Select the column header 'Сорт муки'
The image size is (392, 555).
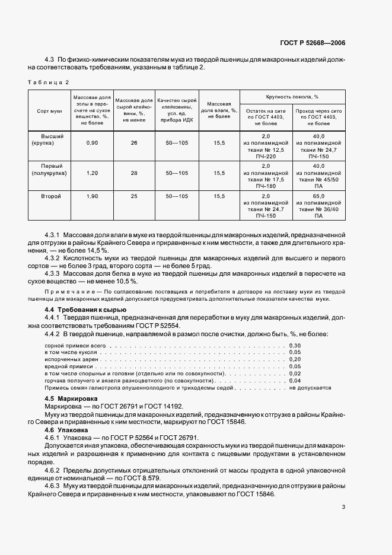[49, 111]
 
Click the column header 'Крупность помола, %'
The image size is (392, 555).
[292, 96]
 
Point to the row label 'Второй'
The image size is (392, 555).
[49, 196]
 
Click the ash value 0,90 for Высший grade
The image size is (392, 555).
[92, 143]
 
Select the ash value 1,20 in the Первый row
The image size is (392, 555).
[92, 173]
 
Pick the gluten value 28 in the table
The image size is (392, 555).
[134, 173]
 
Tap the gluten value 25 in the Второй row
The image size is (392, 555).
[134, 196]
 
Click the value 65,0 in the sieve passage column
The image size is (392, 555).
[318, 196]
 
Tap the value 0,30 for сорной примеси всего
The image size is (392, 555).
[295, 345]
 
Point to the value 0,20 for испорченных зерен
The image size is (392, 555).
[295, 359]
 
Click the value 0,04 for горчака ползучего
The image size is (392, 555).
[295, 380]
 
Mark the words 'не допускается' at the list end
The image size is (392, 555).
[310, 387]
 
